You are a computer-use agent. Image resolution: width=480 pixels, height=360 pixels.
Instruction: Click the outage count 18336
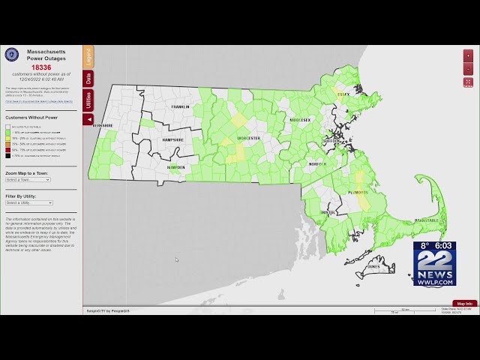coord(41,67)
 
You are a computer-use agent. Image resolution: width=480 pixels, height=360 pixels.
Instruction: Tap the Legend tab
coord(88,56)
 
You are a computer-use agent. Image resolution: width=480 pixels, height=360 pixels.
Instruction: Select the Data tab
coord(88,78)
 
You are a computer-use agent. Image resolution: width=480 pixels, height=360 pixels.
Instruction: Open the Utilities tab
coord(88,100)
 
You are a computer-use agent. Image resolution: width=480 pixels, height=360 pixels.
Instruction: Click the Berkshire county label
coord(102,125)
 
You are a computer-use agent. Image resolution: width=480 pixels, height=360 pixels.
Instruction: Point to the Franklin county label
coord(181,107)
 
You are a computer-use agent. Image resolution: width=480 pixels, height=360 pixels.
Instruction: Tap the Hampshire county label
coord(173,139)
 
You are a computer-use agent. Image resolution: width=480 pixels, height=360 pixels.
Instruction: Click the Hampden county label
coord(176,167)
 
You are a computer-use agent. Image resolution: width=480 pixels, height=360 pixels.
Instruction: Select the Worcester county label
coord(248,138)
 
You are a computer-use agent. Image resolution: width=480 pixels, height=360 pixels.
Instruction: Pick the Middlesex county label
coord(300,120)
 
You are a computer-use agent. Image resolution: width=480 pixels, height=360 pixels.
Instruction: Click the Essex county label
coord(343,94)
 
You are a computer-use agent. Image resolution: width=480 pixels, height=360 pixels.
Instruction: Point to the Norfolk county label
coord(318,163)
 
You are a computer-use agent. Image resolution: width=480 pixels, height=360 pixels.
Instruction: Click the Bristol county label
coord(328,213)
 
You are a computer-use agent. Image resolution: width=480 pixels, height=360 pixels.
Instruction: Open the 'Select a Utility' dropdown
coord(28,202)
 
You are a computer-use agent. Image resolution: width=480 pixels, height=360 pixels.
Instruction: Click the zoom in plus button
coord(468,56)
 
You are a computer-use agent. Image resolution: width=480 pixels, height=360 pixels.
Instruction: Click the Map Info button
coord(465,304)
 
